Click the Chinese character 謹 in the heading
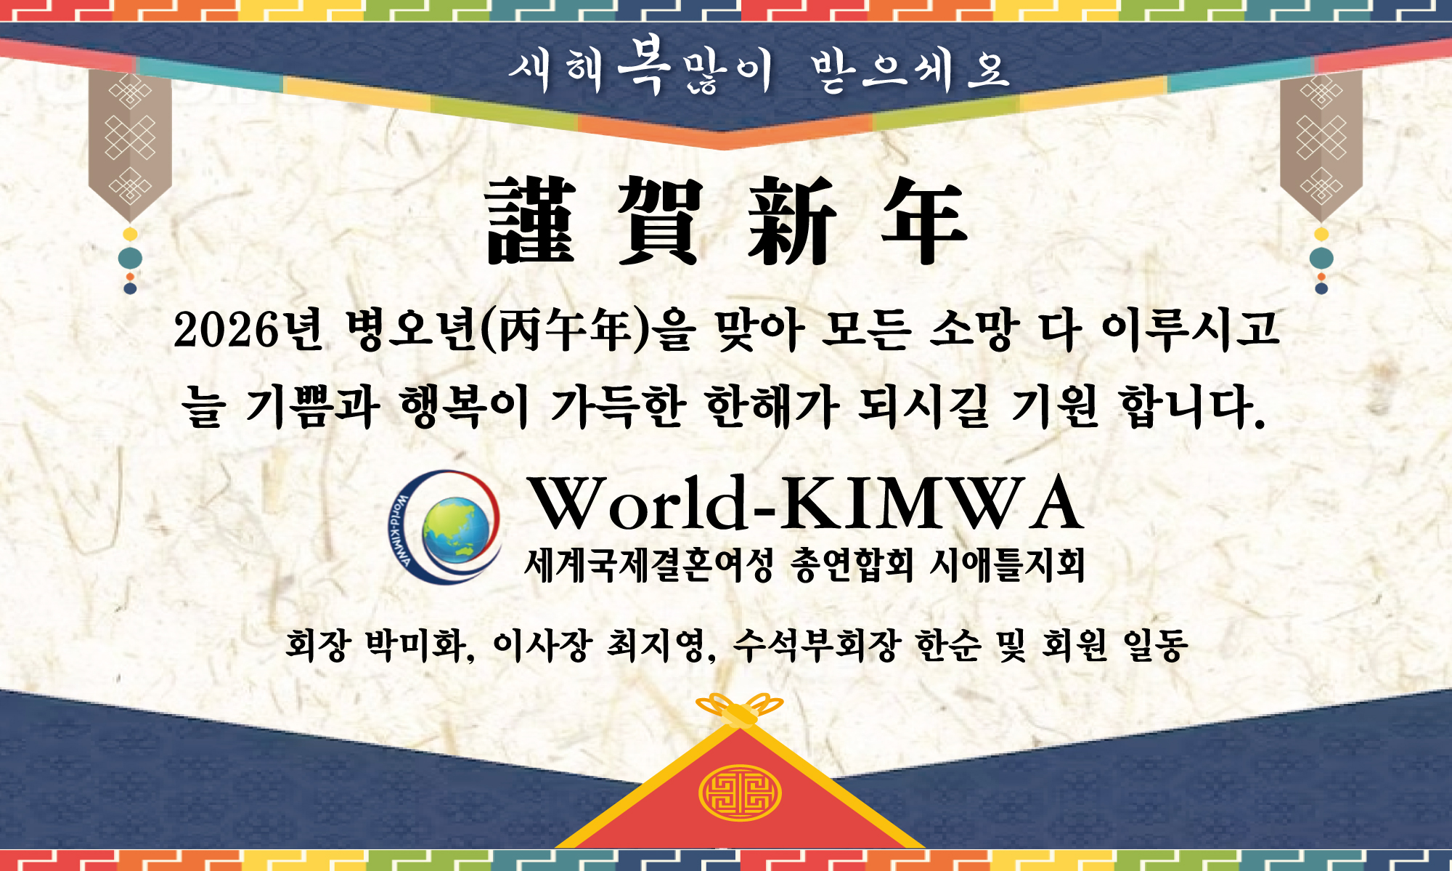(x=531, y=220)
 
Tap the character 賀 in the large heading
(x=661, y=220)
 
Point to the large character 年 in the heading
(x=924, y=220)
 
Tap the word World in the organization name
(x=639, y=503)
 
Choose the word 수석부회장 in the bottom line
(x=816, y=644)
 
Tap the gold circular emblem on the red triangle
(x=740, y=793)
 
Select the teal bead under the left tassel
(x=130, y=258)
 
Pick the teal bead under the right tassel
(x=1321, y=258)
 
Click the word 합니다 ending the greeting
(x=1194, y=407)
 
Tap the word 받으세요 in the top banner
(x=911, y=71)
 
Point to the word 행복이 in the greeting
(x=465, y=407)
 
